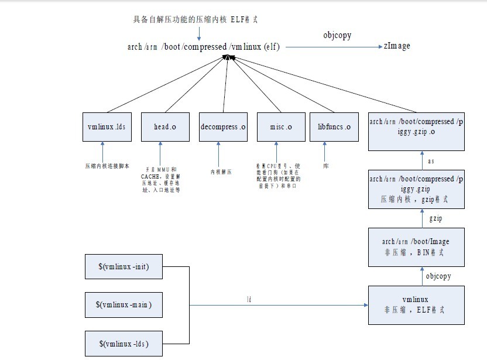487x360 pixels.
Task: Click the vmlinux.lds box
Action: (x=107, y=127)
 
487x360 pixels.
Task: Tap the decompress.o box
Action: (x=223, y=127)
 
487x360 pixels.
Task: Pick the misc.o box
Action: (x=280, y=127)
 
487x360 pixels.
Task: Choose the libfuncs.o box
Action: (x=334, y=127)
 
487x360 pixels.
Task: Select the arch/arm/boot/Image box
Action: (x=416, y=247)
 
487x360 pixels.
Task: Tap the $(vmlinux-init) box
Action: (x=124, y=268)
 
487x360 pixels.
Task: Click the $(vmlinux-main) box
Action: (x=124, y=305)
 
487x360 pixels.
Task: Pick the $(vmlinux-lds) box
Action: (x=124, y=344)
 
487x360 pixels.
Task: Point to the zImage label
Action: (x=397, y=46)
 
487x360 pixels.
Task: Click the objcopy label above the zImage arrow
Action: (x=337, y=35)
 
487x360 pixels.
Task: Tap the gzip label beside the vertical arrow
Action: (x=435, y=218)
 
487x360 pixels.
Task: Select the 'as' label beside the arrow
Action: (x=431, y=160)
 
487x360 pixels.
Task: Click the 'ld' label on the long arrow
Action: (x=249, y=299)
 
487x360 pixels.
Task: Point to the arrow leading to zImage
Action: (x=333, y=46)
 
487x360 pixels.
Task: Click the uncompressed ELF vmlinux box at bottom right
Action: (x=416, y=305)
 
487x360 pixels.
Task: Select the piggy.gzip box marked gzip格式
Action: (x=416, y=189)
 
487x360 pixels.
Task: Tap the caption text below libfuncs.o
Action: (x=325, y=166)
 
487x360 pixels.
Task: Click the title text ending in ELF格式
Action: (x=196, y=19)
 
